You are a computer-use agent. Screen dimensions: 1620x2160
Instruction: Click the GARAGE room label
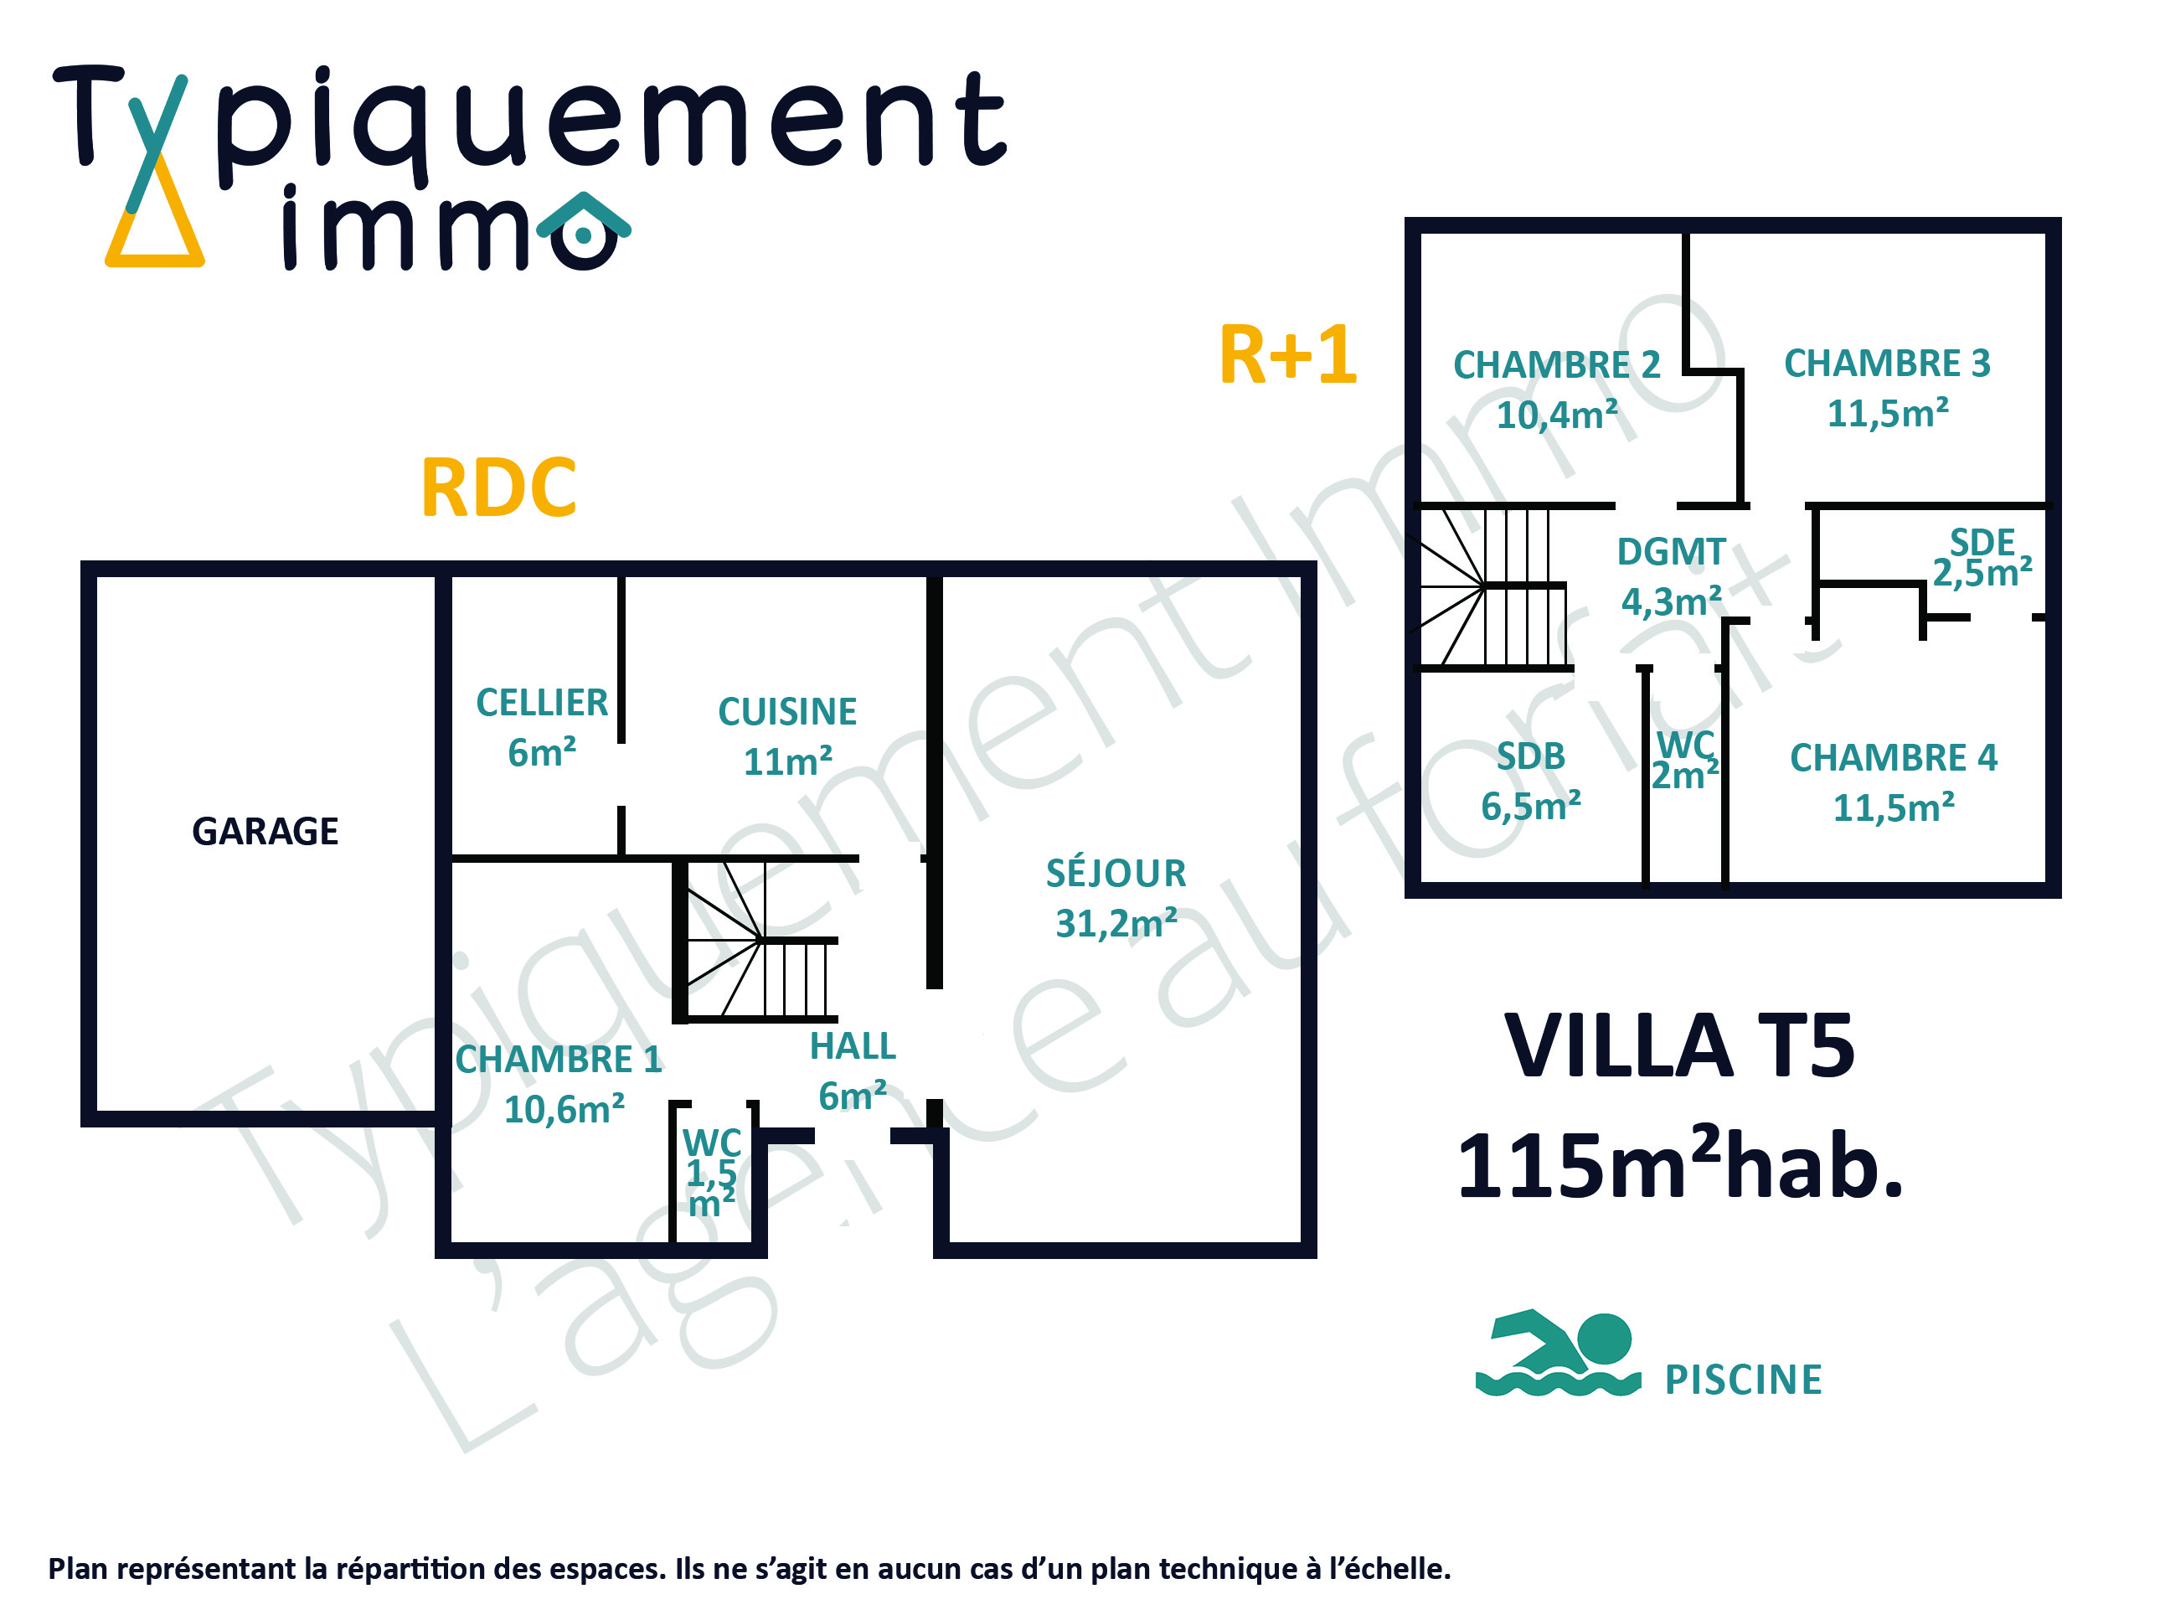[265, 831]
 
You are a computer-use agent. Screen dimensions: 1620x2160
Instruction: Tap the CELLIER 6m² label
[541, 727]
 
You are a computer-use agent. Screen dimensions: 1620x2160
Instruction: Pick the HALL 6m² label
[853, 1071]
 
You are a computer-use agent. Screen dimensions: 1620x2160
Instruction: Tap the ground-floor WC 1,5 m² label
[711, 1171]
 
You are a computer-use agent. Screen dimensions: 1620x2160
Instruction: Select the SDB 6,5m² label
[1530, 782]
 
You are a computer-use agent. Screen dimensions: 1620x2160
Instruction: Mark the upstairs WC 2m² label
[1684, 760]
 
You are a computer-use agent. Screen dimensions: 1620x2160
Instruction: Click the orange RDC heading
[498, 488]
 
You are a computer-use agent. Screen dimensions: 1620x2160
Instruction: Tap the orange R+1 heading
[1288, 354]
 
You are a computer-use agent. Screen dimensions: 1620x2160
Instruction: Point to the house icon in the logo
[583, 230]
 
